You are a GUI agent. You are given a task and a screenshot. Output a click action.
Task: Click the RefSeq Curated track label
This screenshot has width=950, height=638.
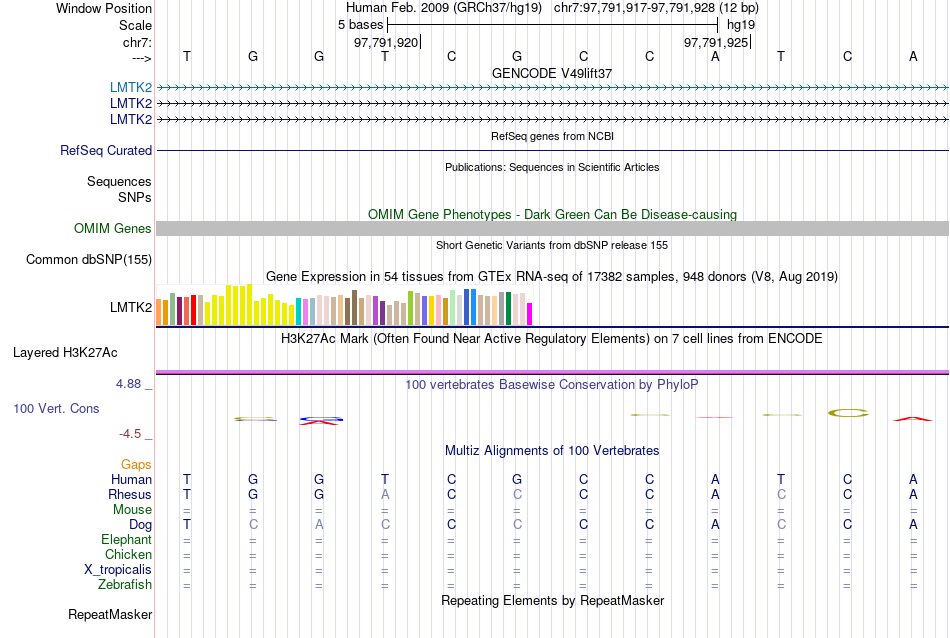106,151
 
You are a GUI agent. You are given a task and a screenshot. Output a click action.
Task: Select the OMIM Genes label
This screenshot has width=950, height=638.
112,229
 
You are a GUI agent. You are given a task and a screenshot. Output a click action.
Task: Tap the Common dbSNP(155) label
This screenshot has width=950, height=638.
89,260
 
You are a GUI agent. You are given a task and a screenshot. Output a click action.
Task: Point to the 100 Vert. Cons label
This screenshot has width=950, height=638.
57,409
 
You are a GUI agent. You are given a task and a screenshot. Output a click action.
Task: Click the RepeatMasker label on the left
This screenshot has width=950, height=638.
110,614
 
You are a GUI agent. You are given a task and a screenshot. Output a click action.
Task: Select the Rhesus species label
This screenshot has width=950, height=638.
130,494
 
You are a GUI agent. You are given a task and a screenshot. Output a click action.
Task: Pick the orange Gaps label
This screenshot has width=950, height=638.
136,464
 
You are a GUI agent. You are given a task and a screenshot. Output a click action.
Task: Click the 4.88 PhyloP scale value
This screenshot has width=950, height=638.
131,384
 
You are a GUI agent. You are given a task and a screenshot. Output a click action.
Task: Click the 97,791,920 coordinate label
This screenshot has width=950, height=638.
386,43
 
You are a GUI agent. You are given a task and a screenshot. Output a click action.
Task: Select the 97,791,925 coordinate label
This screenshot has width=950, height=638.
715,43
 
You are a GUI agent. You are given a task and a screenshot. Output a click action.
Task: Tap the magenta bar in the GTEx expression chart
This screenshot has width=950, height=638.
530,314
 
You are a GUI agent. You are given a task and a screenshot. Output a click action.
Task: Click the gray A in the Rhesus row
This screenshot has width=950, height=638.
385,494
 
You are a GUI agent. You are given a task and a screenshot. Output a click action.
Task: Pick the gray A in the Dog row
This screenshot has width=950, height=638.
319,524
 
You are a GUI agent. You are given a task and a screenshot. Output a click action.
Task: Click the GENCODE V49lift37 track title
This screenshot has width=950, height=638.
552,74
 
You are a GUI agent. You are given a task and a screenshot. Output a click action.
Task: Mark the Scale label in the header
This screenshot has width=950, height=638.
135,25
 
